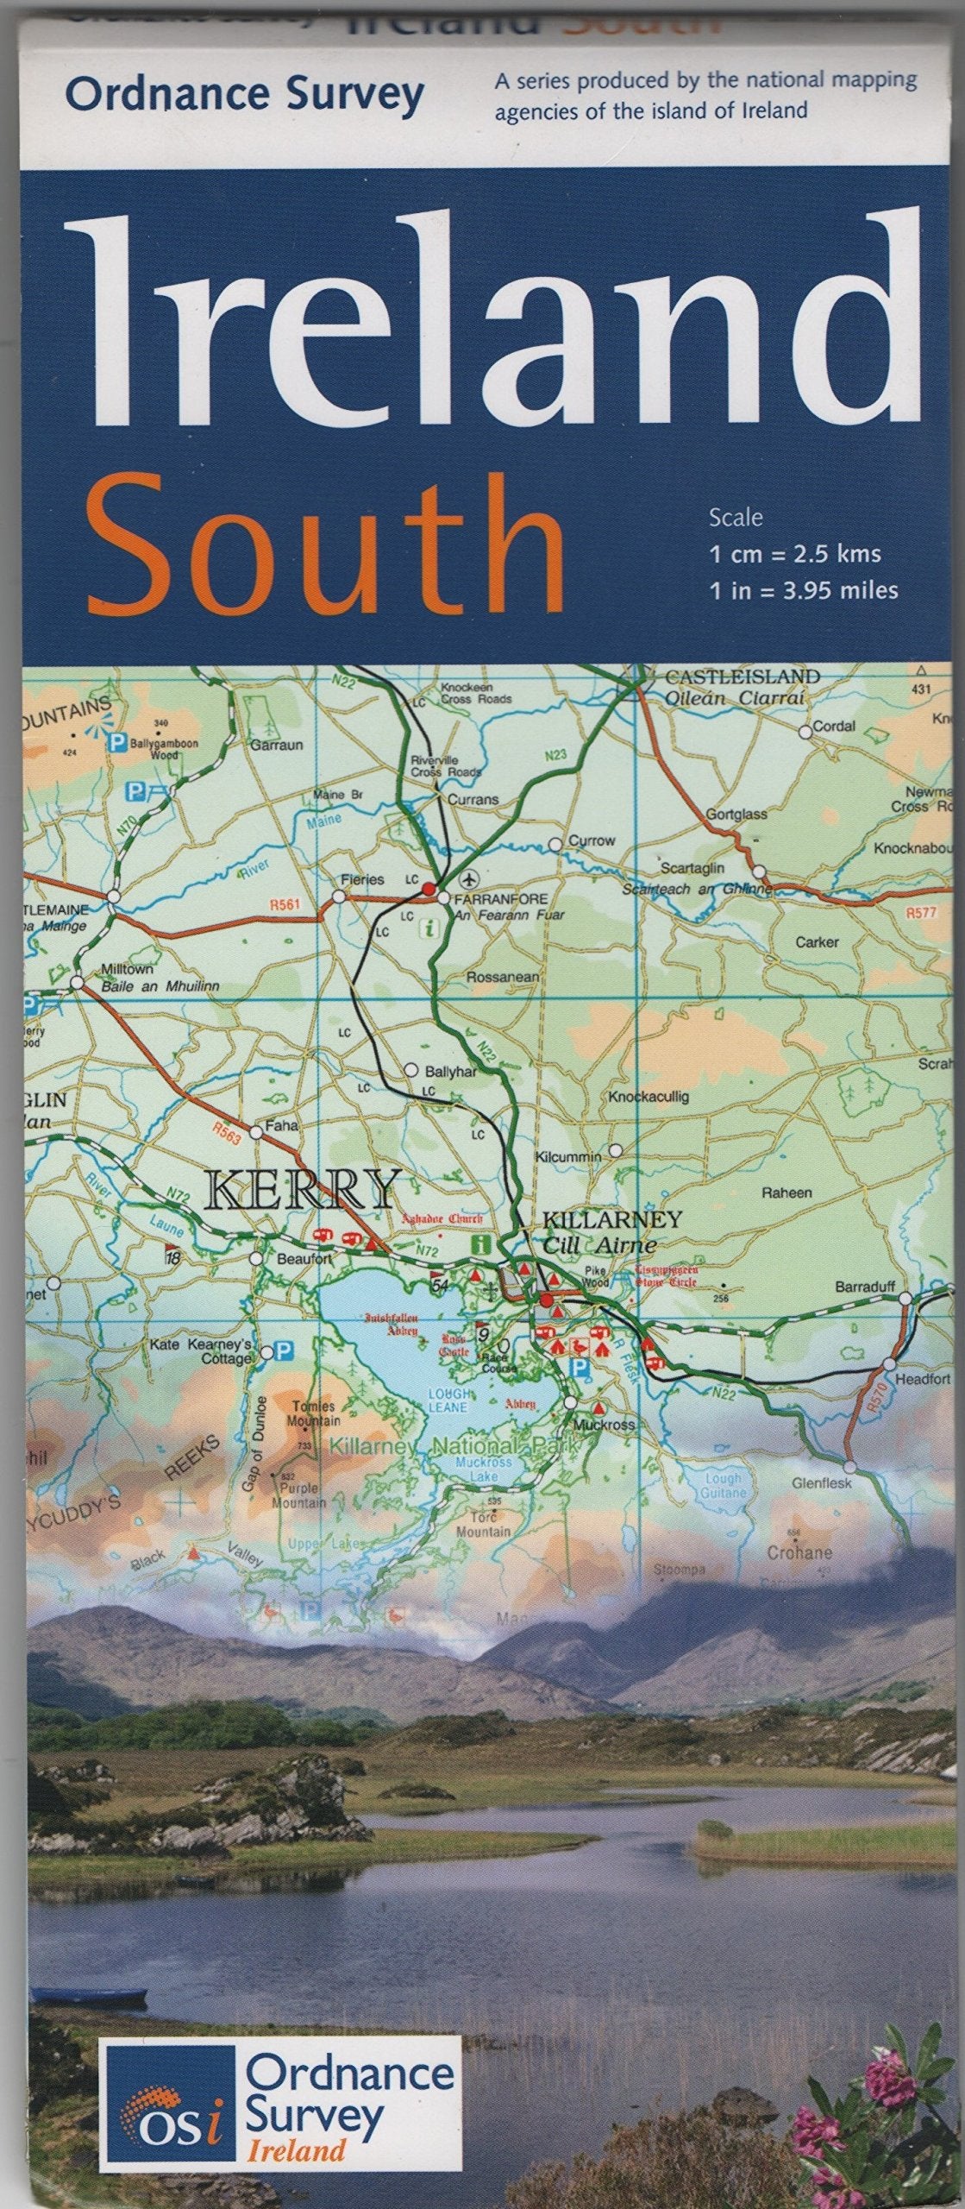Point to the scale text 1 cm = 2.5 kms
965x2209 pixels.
794,554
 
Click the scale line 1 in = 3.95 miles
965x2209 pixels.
803,590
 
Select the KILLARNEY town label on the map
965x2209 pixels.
611,1220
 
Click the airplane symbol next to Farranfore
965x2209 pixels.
469,879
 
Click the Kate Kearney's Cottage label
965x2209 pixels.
200,1351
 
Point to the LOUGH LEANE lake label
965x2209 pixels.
449,1400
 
